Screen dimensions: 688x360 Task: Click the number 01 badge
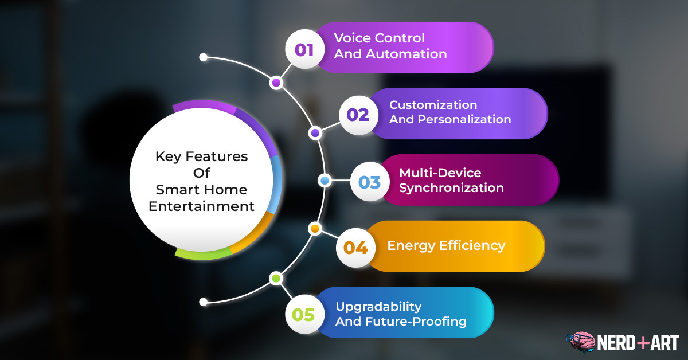pyautogui.click(x=304, y=49)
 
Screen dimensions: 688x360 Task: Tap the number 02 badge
pyautogui.click(x=358, y=115)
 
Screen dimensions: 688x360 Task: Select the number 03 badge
pyautogui.click(x=370, y=182)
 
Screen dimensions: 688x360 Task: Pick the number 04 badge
pyautogui.click(x=355, y=248)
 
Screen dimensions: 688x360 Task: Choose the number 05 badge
pyautogui.click(x=304, y=314)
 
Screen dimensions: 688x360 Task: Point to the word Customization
pyautogui.click(x=433, y=105)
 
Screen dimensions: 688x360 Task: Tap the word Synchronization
pyautogui.click(x=451, y=188)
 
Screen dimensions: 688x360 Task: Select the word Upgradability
pyautogui.click(x=378, y=307)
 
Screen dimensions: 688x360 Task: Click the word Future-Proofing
pyautogui.click(x=416, y=322)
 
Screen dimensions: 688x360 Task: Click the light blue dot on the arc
pyautogui.click(x=325, y=181)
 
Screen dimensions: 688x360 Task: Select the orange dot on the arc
pyautogui.click(x=315, y=229)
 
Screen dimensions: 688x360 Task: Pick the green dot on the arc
pyautogui.click(x=276, y=279)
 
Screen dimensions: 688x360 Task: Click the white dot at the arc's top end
pyautogui.click(x=204, y=57)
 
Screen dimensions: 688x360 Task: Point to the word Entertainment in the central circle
pyautogui.click(x=201, y=206)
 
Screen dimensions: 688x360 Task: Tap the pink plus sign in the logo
pyautogui.click(x=643, y=342)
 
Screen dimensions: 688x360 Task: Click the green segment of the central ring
pyautogui.click(x=204, y=255)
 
